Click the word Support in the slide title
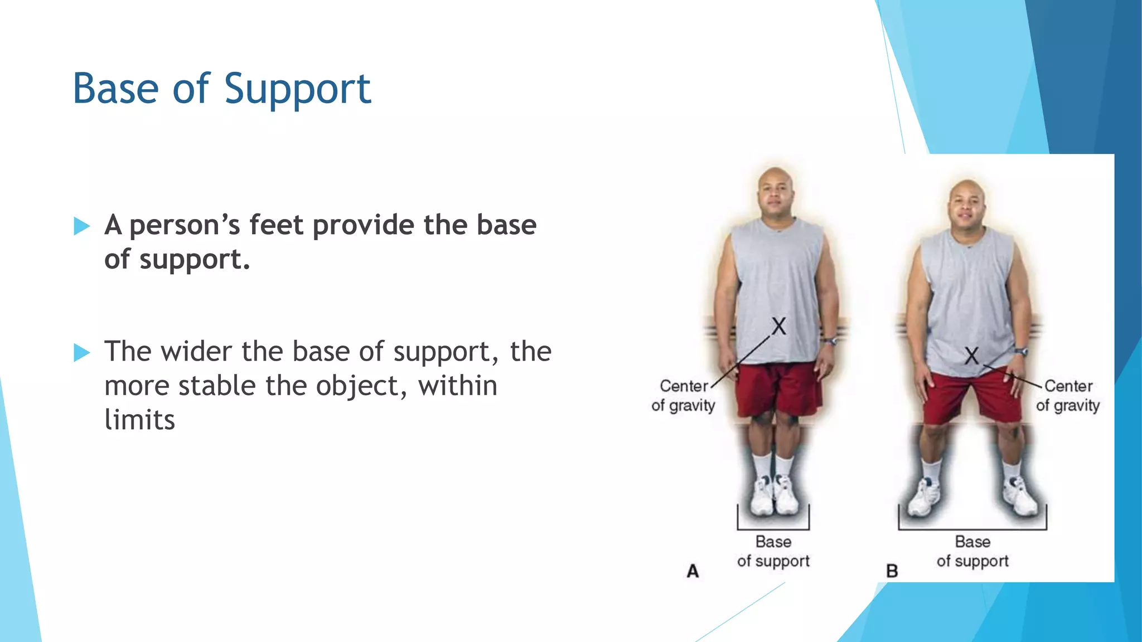297,89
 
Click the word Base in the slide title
116,89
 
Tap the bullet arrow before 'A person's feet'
81,226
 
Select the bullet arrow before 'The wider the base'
81,352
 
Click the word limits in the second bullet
139,420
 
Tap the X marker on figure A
779,326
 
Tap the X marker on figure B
972,355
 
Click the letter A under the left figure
693,571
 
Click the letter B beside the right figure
892,571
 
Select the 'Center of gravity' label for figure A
683,396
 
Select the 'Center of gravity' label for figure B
1068,396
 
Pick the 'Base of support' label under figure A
773,551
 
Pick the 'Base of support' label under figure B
972,551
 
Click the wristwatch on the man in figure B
1021,352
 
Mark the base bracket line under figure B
972,529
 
